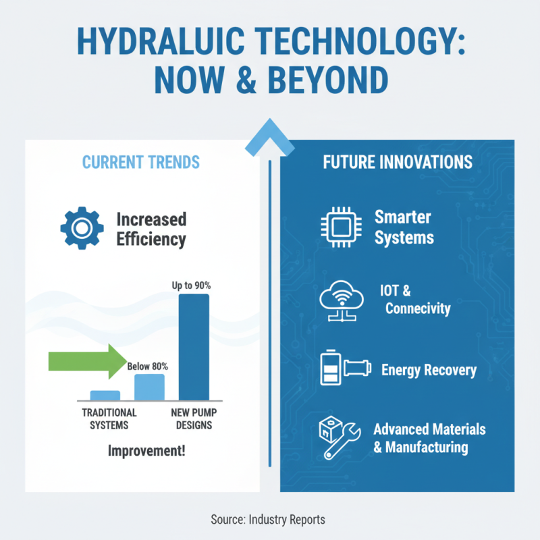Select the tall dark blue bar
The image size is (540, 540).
click(194, 347)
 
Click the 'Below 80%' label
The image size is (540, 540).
click(148, 367)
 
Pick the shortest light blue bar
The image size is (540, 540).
click(105, 396)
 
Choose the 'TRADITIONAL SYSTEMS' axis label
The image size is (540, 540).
click(109, 418)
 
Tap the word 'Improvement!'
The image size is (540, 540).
click(146, 450)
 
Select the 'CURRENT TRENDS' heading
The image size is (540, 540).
click(140, 162)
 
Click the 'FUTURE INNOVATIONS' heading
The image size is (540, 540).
click(397, 163)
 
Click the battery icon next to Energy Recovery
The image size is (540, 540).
click(329, 369)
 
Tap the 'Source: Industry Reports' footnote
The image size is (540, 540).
click(269, 519)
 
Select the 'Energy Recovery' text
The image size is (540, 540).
click(429, 370)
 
